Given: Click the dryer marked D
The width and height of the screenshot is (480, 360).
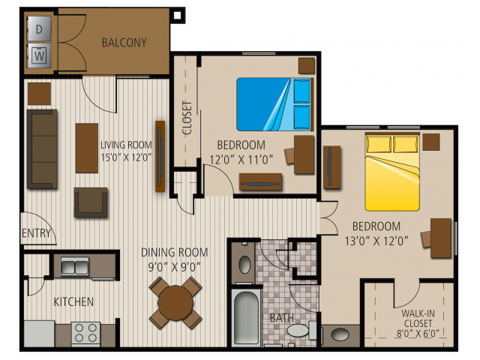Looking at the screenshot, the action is (x=39, y=28).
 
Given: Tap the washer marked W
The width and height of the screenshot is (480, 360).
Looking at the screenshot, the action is (x=39, y=55).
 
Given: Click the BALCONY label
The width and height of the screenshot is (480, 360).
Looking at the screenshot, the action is (x=124, y=43).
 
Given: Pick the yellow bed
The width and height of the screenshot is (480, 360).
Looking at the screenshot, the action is (x=392, y=172).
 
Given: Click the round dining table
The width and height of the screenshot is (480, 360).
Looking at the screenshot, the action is (x=175, y=303).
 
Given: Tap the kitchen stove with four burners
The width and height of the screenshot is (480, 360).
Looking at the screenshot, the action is (x=86, y=333).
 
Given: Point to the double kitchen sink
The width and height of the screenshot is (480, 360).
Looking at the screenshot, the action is (x=75, y=265).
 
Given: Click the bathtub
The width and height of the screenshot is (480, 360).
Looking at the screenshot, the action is (x=246, y=318).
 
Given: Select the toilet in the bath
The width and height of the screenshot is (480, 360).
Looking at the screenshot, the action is (x=301, y=330).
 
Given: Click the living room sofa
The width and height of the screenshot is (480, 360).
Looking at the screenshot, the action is (x=42, y=148).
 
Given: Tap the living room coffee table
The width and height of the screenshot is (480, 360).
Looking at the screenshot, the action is (x=87, y=148).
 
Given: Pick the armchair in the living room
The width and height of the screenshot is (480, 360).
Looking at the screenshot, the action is (x=91, y=202).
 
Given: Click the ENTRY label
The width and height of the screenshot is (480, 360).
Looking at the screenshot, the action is (x=36, y=233).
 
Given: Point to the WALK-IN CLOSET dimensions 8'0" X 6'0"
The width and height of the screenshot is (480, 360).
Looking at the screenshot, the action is (x=418, y=333).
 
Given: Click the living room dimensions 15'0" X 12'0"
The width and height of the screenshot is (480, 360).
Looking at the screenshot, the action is (x=127, y=157).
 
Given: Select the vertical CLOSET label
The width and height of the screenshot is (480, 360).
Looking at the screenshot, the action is (x=187, y=118).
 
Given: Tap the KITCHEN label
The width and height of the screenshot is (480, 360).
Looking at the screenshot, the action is (x=73, y=301).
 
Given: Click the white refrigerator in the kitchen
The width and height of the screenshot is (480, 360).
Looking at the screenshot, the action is (x=39, y=334).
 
